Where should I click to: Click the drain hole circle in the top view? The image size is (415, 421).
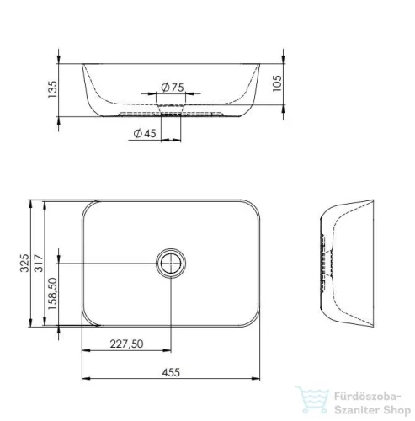(172, 264)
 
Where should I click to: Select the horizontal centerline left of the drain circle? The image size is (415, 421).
(109, 264)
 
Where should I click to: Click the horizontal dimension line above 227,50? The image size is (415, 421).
(126, 351)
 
